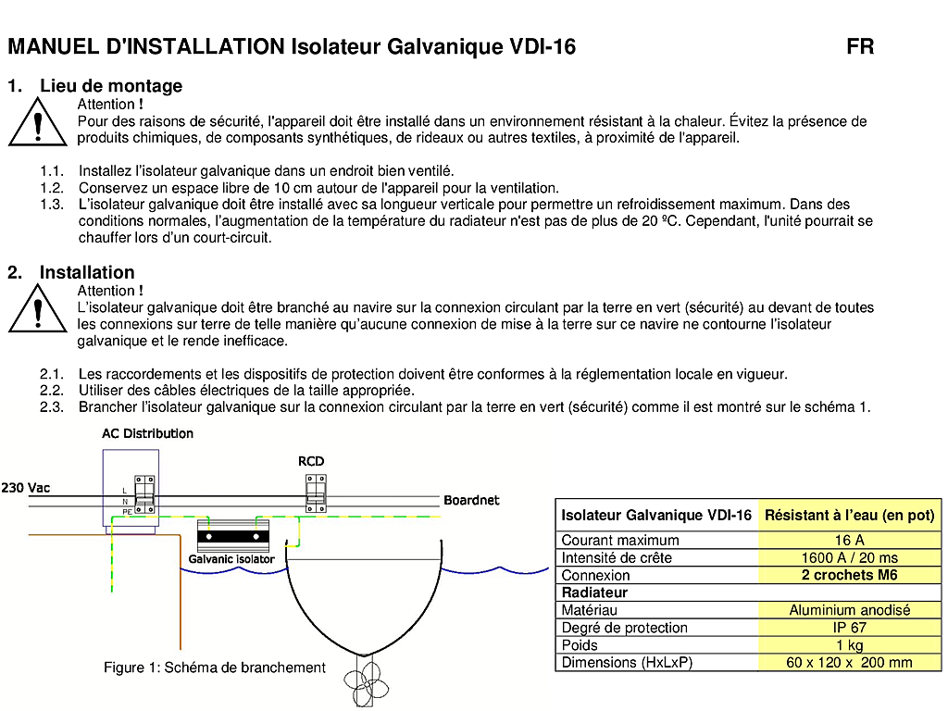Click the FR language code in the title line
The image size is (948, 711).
pyautogui.click(x=860, y=46)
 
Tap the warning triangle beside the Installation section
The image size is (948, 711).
pyautogui.click(x=37, y=311)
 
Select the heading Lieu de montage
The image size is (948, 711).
pyautogui.click(x=111, y=86)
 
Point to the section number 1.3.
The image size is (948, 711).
pyautogui.click(x=52, y=205)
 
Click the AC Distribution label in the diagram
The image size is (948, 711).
pyautogui.click(x=147, y=433)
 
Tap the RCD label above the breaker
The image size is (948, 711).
pyautogui.click(x=311, y=461)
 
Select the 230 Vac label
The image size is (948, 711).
pyautogui.click(x=26, y=488)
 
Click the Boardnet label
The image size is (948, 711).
pyautogui.click(x=471, y=500)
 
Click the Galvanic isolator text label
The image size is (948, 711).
pyautogui.click(x=231, y=559)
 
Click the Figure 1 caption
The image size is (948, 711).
pyautogui.click(x=214, y=667)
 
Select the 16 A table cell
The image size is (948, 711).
pyautogui.click(x=849, y=540)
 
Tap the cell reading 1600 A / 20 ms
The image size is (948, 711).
pyautogui.click(x=849, y=557)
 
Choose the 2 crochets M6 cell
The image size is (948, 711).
pyautogui.click(x=849, y=575)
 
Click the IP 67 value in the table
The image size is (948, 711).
pyautogui.click(x=849, y=628)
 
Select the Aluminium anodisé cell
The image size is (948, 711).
pyautogui.click(x=849, y=610)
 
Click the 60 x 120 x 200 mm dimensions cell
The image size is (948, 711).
pyautogui.click(x=849, y=663)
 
